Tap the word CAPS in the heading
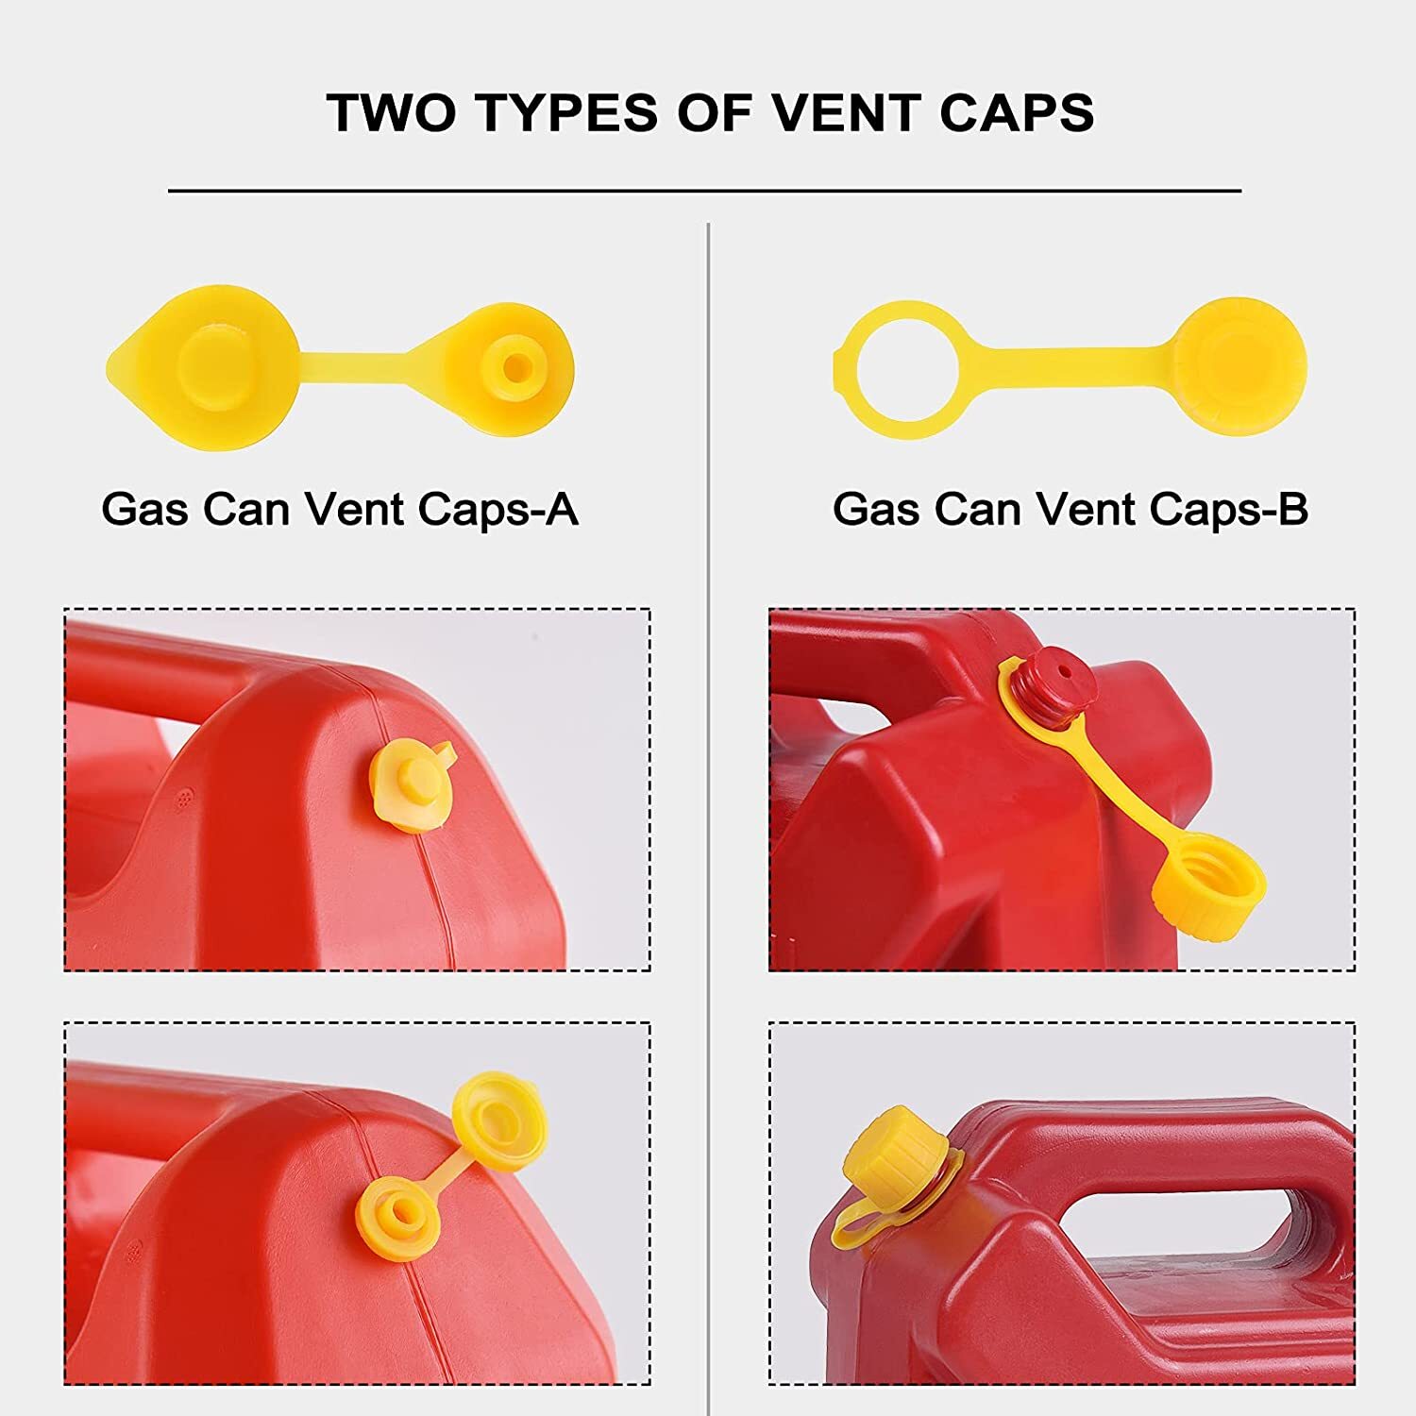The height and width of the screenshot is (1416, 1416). [x=1017, y=113]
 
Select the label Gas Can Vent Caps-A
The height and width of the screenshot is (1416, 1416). [x=339, y=510]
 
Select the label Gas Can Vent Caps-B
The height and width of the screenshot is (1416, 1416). [x=1070, y=510]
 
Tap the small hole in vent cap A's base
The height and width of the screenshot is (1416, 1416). [x=514, y=366]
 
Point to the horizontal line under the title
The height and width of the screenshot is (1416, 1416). [x=704, y=191]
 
